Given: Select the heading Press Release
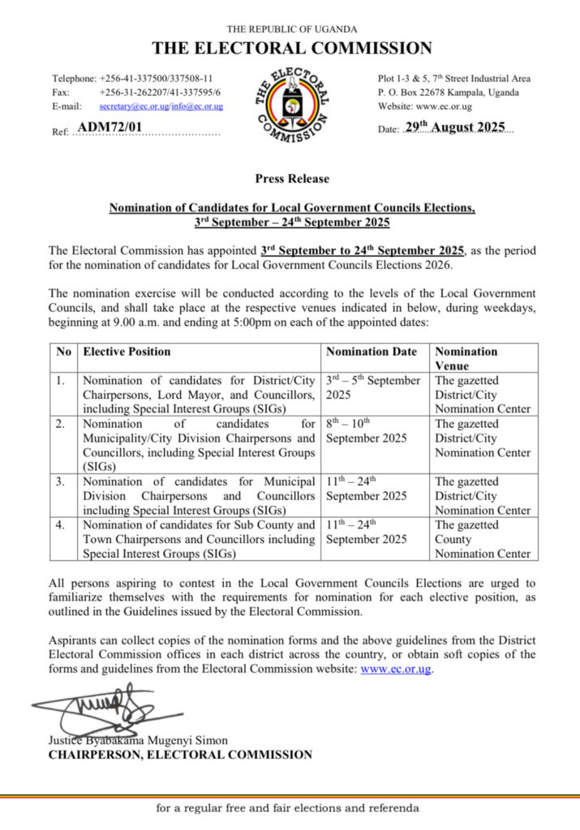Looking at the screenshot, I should pos(292,178).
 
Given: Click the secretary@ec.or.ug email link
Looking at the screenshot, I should pos(134,106).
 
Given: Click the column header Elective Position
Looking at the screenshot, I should pos(127,352).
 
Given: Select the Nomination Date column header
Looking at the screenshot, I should pos(372,352).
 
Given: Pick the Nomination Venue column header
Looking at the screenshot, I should pos(466,358).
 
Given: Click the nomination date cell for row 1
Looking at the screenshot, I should pos(373,387).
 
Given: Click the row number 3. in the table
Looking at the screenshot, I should pos(63,481).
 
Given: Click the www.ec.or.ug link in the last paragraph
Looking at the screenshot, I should pos(395,669).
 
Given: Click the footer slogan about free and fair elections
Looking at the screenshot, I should pos(289,808).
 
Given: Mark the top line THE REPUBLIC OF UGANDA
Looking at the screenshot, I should pos(291,29).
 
